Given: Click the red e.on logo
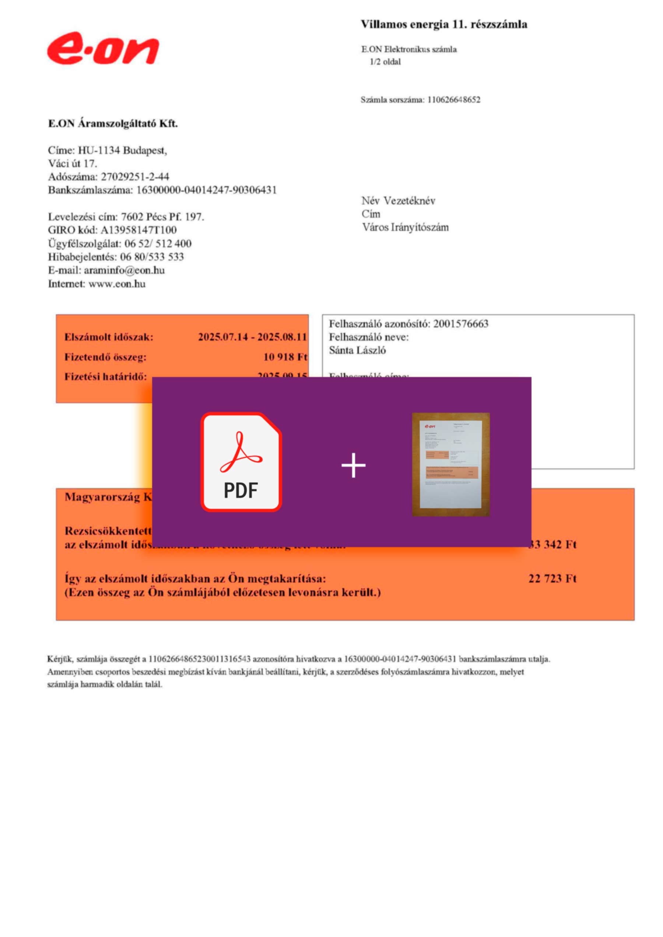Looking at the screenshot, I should [103, 49].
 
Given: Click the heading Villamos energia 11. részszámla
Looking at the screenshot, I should [444, 25].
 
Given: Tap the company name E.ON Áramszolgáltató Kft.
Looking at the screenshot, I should [113, 124].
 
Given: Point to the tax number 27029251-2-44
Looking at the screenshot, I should [135, 177].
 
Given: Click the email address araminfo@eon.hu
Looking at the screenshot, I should [124, 270].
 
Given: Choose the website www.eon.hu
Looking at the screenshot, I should [117, 283].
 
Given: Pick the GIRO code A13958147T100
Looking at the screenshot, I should [138, 230].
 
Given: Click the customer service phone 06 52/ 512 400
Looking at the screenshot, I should [158, 244].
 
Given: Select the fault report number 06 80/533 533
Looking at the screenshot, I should [152, 257].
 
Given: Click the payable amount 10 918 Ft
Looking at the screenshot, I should [285, 357].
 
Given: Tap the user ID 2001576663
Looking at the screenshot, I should [460, 324].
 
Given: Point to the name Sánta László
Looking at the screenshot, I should [357, 350].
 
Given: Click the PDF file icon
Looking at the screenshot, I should [241, 462].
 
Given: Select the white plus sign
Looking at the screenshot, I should [354, 465].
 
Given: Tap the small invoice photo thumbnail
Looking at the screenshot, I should [451, 464].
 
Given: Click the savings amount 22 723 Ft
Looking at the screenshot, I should [552, 579].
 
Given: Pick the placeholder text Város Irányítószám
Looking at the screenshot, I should [405, 227].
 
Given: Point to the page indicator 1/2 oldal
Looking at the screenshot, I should [385, 62].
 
